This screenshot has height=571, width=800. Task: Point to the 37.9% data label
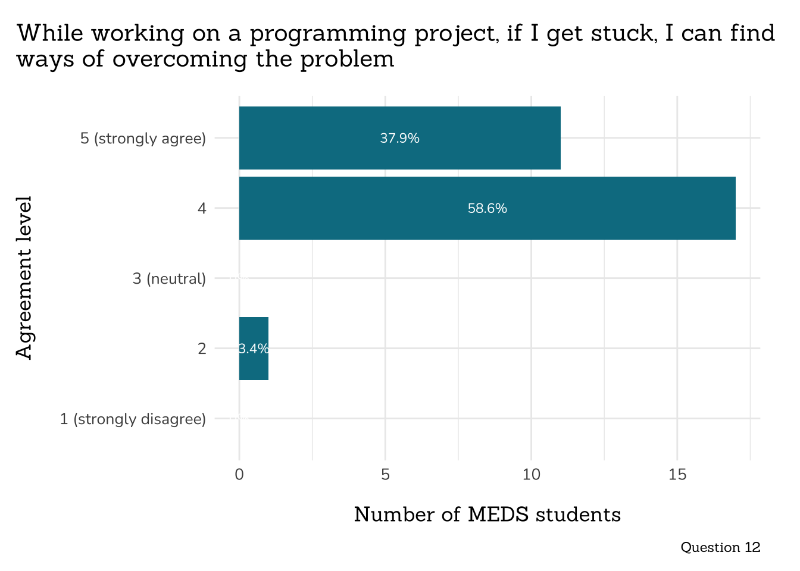pyautogui.click(x=399, y=139)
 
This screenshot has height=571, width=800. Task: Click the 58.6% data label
pyautogui.click(x=487, y=209)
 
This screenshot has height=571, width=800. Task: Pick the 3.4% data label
pyautogui.click(x=254, y=349)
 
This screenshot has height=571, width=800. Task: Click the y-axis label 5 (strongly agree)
pyautogui.click(x=143, y=139)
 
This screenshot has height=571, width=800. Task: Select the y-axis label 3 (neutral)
pyautogui.click(x=169, y=278)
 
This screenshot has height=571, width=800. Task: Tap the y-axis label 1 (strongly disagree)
pyautogui.click(x=133, y=419)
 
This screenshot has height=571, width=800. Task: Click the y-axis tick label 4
pyautogui.click(x=202, y=209)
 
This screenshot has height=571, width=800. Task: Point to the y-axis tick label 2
pyautogui.click(x=202, y=349)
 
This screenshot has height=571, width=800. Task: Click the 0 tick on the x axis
pyautogui.click(x=239, y=475)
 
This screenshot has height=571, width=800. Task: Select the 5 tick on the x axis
pyautogui.click(x=385, y=475)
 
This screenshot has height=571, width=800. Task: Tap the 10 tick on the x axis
pyautogui.click(x=531, y=475)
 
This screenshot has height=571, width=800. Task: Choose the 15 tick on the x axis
pyautogui.click(x=677, y=475)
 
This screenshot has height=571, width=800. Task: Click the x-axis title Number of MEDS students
pyautogui.click(x=487, y=514)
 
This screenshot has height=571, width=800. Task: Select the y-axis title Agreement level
pyautogui.click(x=24, y=278)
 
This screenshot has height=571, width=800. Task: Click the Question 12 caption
pyautogui.click(x=720, y=547)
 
